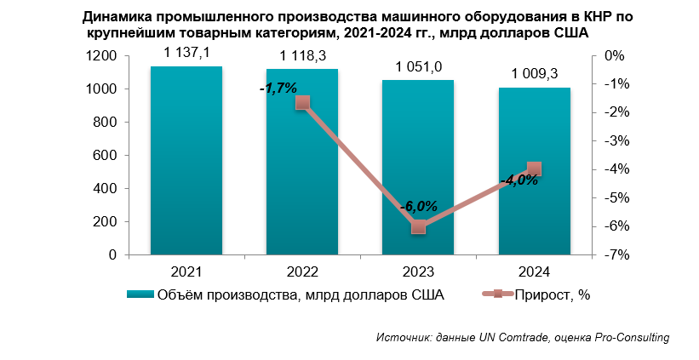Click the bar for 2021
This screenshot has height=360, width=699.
[186, 161]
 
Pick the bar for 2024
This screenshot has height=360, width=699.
[534, 171]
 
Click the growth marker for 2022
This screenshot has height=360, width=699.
[302, 103]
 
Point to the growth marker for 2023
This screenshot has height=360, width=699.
[418, 226]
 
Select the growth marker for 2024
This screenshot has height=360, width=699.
[534, 169]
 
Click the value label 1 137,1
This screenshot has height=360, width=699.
[186, 53]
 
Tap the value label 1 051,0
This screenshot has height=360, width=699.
[418, 66]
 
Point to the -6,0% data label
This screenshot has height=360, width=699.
[419, 206]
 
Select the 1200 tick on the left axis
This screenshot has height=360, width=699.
[101, 56]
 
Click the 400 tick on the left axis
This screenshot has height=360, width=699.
[106, 189]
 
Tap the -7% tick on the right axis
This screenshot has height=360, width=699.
[617, 255]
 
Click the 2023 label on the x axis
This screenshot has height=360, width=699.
[418, 272]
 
